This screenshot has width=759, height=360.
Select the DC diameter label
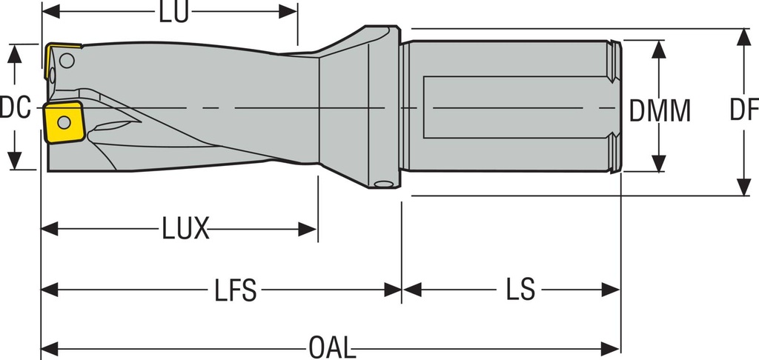tap(15, 109)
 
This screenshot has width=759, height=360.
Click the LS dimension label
tap(520, 290)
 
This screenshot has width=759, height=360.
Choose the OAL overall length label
tap(331, 347)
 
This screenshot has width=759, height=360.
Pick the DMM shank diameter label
tap(660, 111)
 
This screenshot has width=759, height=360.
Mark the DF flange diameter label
tap(743, 111)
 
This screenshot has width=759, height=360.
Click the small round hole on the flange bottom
tap(382, 184)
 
